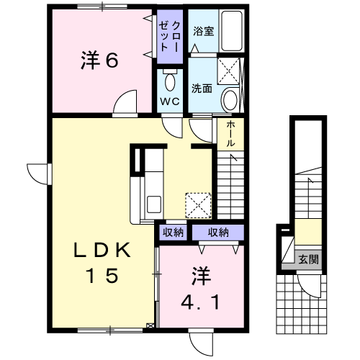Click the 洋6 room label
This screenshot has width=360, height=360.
[99, 60]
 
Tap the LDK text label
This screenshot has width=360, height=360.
[102, 250]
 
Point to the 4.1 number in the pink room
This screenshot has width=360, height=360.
[200, 302]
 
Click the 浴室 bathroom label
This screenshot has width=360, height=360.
[204, 31]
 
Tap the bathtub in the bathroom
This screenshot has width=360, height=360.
[232, 30]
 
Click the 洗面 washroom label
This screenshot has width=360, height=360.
[202, 89]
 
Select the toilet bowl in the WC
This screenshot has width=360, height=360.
[170, 81]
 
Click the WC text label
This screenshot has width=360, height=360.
[170, 102]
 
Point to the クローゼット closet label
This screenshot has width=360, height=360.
[170, 37]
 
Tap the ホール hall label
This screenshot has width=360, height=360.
[230, 133]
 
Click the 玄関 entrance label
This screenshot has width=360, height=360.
[309, 259]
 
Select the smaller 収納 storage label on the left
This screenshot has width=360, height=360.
[174, 233]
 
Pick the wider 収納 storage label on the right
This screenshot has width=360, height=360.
[218, 233]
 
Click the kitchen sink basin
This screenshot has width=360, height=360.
[154, 204]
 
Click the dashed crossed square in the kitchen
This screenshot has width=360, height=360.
[198, 206]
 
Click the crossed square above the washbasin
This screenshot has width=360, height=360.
[229, 71]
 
